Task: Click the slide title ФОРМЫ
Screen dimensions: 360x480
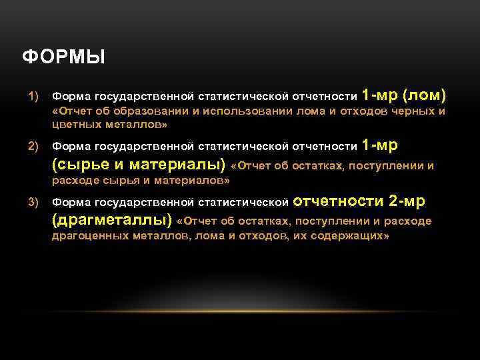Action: pos(63,58)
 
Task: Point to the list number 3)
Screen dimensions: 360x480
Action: pos(33,202)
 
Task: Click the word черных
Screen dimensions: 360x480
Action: pos(407,111)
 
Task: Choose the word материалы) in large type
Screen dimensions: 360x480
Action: pos(177,165)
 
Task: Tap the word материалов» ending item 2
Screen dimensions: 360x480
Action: pos(194,180)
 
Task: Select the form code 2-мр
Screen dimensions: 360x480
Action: pos(407,201)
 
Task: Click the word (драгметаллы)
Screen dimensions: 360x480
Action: pos(111,220)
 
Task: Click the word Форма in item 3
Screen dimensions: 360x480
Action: pos(71,202)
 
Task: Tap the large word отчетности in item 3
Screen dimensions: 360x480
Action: pos(338,201)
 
